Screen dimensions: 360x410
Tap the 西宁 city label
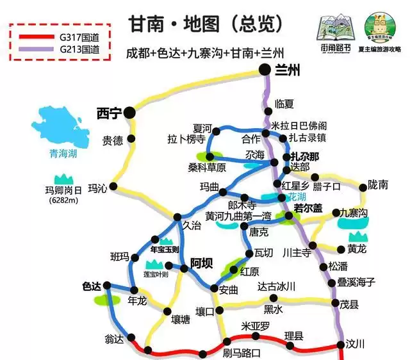108,113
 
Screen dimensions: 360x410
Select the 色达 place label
92,286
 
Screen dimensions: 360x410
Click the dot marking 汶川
342,347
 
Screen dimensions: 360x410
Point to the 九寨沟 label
354,213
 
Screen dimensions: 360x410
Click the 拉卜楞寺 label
186,139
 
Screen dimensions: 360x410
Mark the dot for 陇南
364,187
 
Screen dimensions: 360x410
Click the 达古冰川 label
276,286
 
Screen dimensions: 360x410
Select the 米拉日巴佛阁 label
300,126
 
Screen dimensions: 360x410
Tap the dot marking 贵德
131,138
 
